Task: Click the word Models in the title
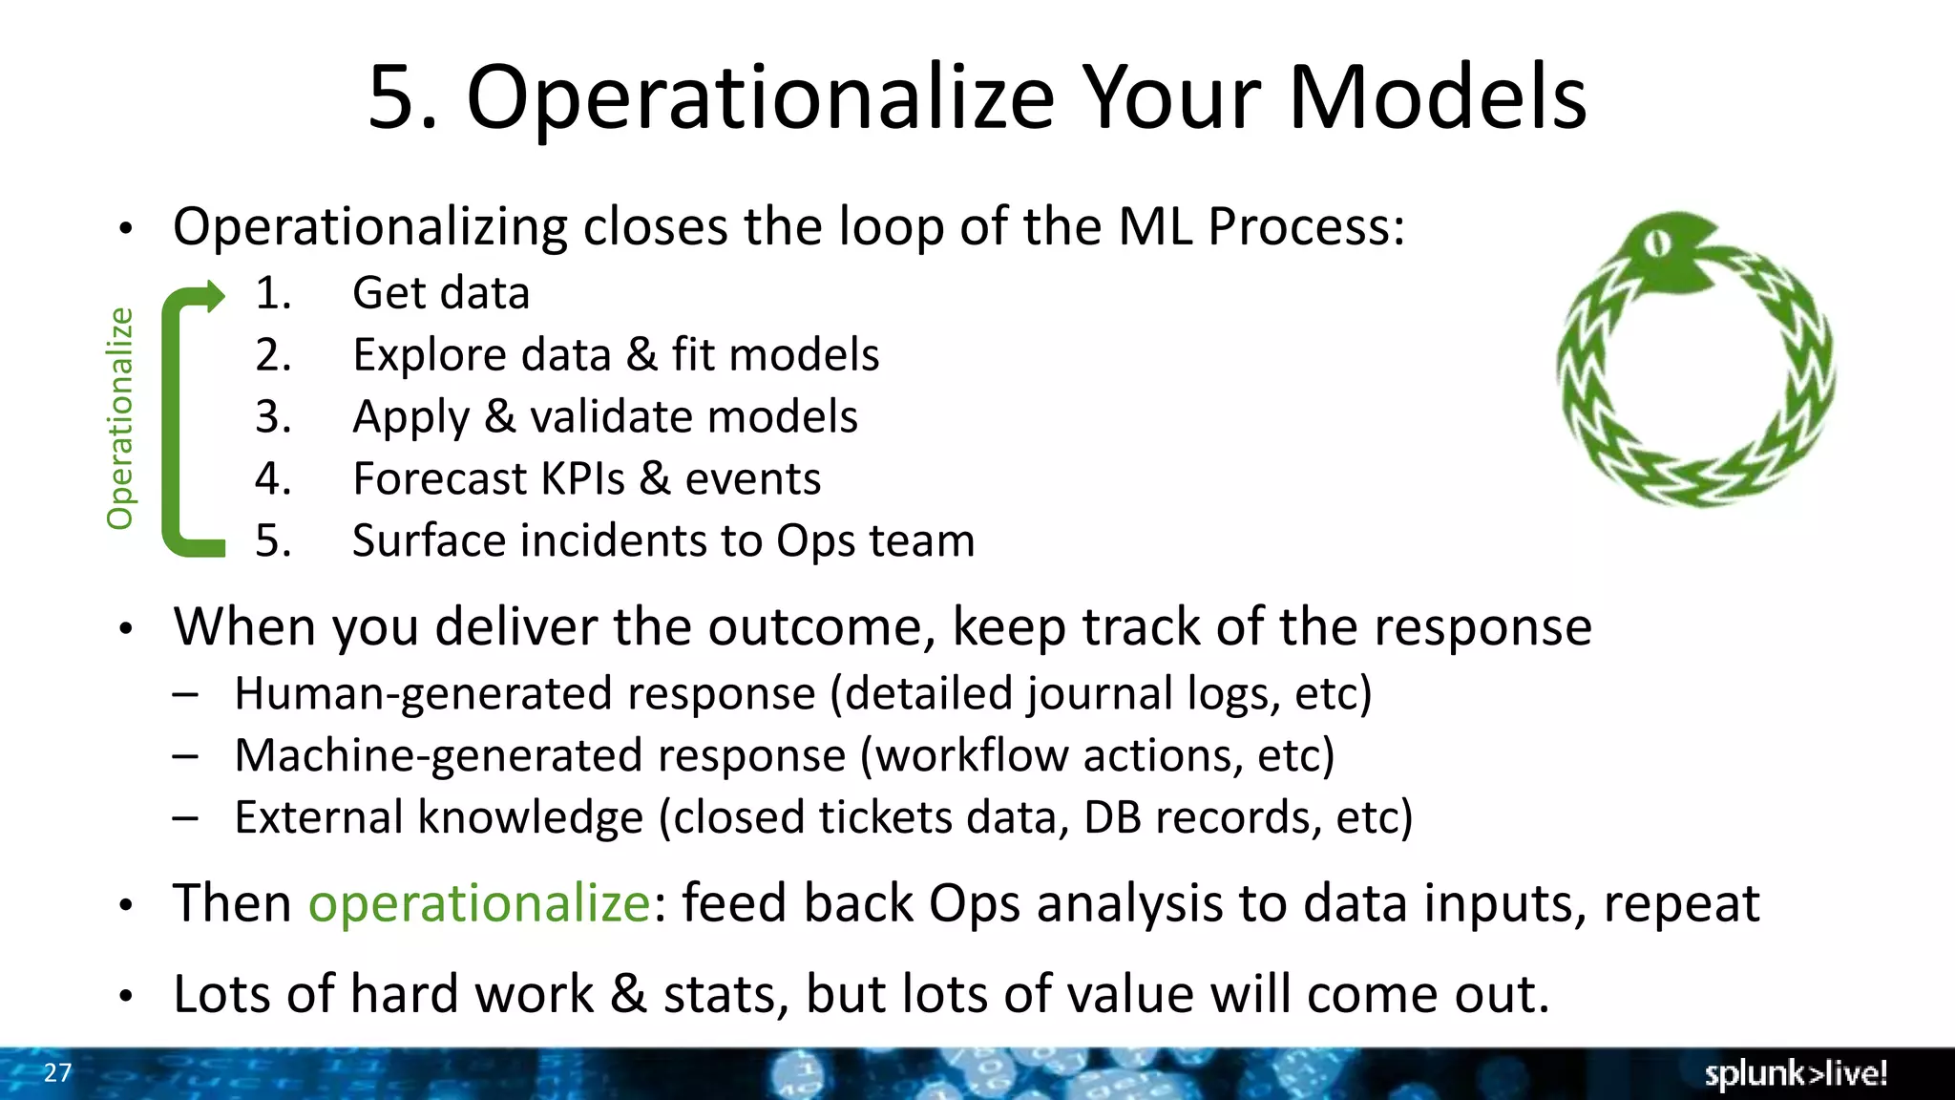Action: (1437, 97)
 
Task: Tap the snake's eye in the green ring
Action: (1658, 244)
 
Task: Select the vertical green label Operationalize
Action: (120, 418)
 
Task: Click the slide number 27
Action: (57, 1072)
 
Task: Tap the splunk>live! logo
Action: (1795, 1073)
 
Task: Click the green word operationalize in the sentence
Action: (479, 903)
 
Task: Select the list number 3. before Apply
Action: (273, 417)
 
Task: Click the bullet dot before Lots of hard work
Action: (126, 996)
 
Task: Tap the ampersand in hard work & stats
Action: (627, 994)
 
